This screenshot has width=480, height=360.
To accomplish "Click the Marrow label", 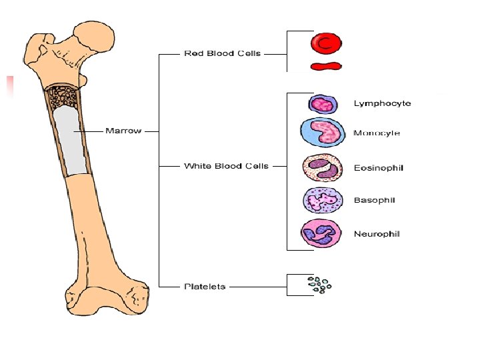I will pos(123,131).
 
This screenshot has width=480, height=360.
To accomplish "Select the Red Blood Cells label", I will pos(222,53).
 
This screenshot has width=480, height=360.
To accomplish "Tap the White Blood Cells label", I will pos(226,165).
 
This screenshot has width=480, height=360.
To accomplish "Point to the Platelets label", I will pos(205,286).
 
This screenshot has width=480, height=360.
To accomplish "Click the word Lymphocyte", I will pos(382,103).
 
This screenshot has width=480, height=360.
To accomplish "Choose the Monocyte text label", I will pos(377,133).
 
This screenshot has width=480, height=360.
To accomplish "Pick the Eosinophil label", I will pos(379,168).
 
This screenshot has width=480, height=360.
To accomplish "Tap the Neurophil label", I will pos(377,234).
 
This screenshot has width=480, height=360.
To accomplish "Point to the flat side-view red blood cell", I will pos(325,66).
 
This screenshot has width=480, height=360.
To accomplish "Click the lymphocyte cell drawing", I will pos(323,104).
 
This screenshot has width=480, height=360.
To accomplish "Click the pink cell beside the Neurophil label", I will pos(321,234).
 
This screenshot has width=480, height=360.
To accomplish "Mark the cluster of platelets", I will pos(319,285).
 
